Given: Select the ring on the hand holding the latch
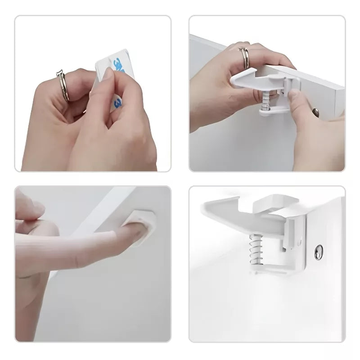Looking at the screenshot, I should point(246,57).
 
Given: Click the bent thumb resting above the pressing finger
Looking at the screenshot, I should point(31,211).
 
